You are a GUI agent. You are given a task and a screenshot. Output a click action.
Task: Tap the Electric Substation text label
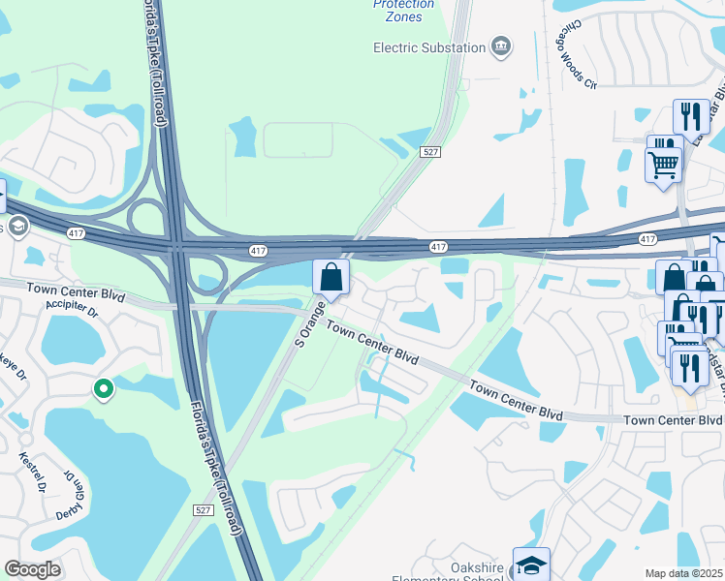(x=430, y=47)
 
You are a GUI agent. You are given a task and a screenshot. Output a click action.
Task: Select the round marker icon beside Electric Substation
(x=501, y=46)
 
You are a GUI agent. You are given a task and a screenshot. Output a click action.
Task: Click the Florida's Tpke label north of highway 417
(x=159, y=63)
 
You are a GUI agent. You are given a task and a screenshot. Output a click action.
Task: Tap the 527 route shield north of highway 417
(x=431, y=153)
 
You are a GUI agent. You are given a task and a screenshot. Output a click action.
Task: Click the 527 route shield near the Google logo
(x=203, y=510)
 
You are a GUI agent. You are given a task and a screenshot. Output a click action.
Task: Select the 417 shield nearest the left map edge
(x=76, y=233)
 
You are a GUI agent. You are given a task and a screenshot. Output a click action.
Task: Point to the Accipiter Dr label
(x=73, y=312)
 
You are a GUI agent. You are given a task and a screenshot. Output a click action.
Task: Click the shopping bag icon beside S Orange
(x=331, y=277)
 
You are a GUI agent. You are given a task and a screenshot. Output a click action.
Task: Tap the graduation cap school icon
(x=531, y=564)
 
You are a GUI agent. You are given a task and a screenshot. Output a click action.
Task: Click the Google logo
(x=33, y=569)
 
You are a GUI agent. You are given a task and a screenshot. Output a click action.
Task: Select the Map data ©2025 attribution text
(x=684, y=573)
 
